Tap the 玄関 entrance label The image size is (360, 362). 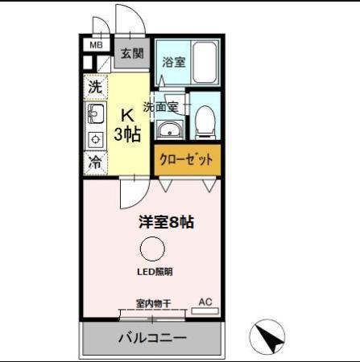click(132, 54)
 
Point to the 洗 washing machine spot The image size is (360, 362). click(95, 86)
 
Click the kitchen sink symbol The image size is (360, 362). click(94, 113)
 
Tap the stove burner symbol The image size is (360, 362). click(94, 137)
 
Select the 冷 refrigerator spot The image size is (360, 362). click(95, 161)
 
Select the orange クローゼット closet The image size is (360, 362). click(187, 159)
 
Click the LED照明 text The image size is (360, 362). click(153, 272)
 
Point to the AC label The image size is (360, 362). click(205, 302)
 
